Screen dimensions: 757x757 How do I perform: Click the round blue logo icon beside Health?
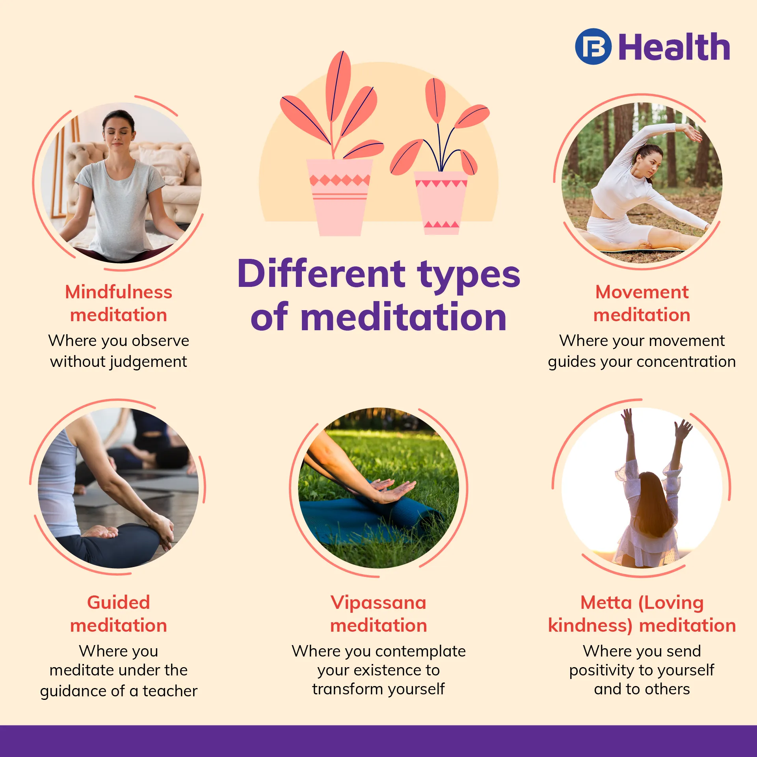pyautogui.click(x=593, y=46)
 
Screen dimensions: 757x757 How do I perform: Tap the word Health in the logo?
pyautogui.click(x=674, y=47)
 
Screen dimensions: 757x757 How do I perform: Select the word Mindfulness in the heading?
pyautogui.click(x=119, y=292)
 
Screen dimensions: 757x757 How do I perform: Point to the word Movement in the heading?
pyautogui.click(x=642, y=292)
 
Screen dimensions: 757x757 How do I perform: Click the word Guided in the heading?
pyautogui.click(x=119, y=603)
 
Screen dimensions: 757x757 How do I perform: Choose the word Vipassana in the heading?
pyautogui.click(x=378, y=603)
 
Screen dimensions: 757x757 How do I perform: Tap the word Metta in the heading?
pyautogui.click(x=606, y=603)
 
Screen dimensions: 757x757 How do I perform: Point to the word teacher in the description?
pyautogui.click(x=170, y=691)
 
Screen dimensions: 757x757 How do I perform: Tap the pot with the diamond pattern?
pyautogui.click(x=339, y=197)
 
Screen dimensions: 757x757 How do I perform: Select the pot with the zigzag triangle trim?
pyautogui.click(x=441, y=203)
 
